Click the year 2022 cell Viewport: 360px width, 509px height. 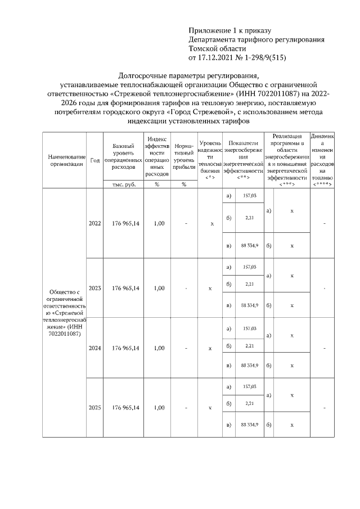click(x=94, y=223)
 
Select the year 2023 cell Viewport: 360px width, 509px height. click(x=94, y=288)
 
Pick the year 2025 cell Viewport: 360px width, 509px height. click(x=94, y=407)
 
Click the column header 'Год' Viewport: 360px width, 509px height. click(x=94, y=160)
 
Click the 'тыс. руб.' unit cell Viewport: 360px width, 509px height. click(x=123, y=184)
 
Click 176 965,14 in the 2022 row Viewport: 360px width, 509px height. click(x=125, y=223)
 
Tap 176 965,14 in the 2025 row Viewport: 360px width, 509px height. click(x=125, y=407)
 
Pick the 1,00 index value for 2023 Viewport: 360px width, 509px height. click(x=159, y=288)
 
